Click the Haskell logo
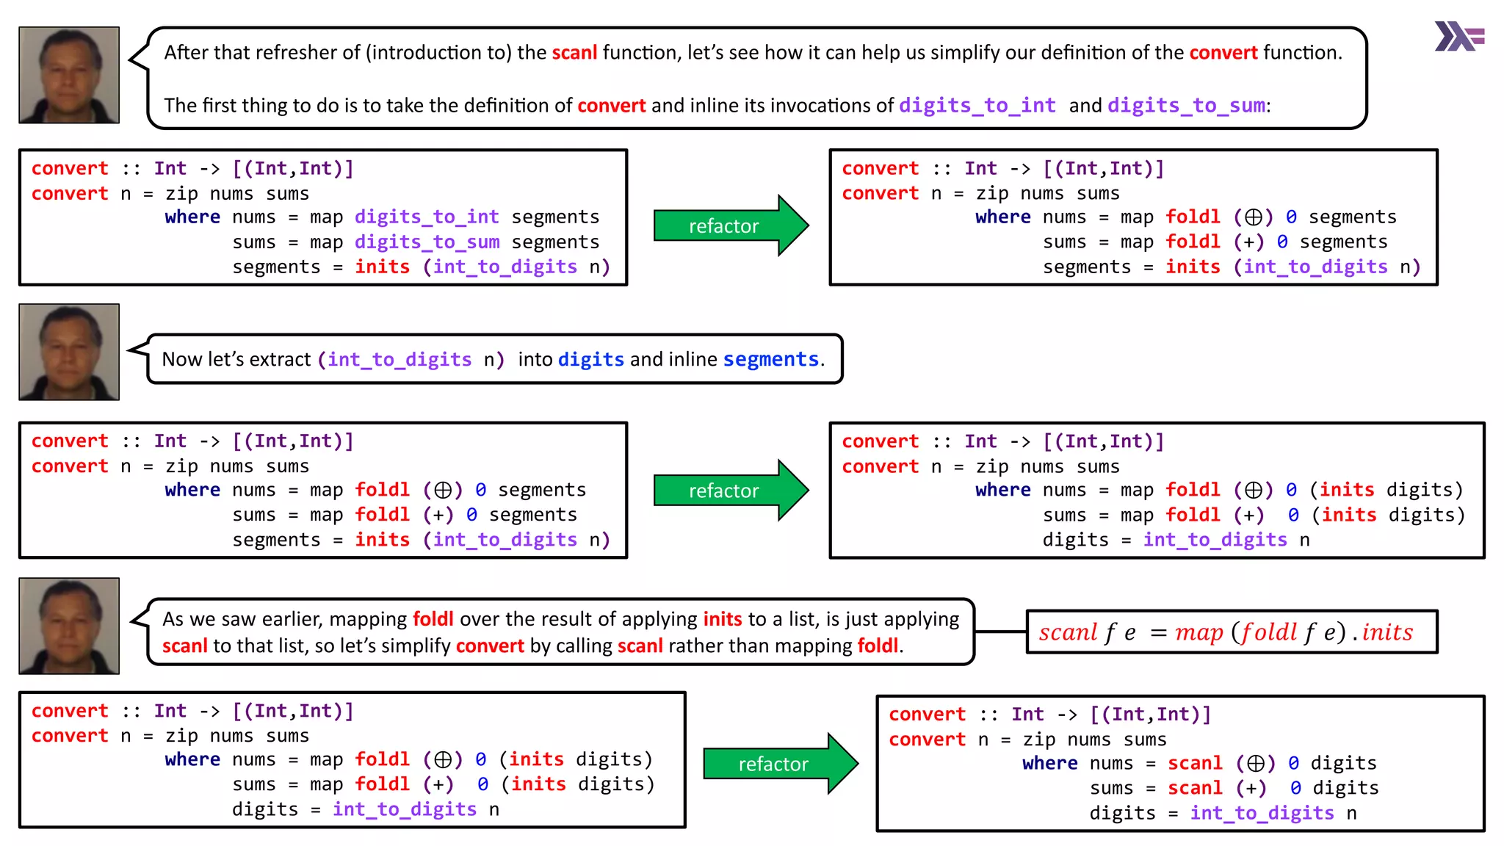click(x=1459, y=36)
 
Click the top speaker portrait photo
click(x=69, y=75)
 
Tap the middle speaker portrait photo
click(x=69, y=352)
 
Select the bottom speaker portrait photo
click(x=69, y=626)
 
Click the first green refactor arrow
click(x=730, y=225)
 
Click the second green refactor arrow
click(x=730, y=490)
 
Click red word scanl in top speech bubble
click(x=574, y=53)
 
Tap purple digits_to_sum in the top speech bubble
click(x=1186, y=106)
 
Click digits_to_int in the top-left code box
click(x=427, y=217)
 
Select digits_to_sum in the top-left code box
click(x=427, y=242)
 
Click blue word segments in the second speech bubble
click(x=770, y=359)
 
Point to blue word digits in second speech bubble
click(x=590, y=359)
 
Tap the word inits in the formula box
click(x=1387, y=632)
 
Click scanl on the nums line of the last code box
click(x=1195, y=764)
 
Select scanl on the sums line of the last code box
click(x=1195, y=789)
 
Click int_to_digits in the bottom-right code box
click(x=1262, y=814)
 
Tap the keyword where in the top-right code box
click(x=1002, y=217)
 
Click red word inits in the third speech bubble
click(x=723, y=619)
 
